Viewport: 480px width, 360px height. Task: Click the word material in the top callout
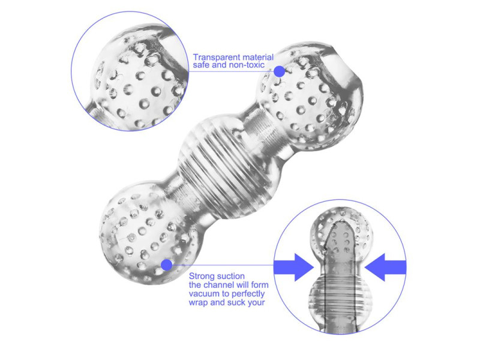pyautogui.click(x=258, y=57)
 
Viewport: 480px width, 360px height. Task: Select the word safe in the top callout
pyautogui.click(x=201, y=65)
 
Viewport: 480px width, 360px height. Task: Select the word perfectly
pyautogui.click(x=248, y=294)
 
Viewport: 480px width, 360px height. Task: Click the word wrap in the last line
pyautogui.click(x=198, y=303)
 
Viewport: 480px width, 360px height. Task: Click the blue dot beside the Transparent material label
pyautogui.click(x=279, y=71)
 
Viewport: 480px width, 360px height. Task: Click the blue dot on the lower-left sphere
pyautogui.click(x=167, y=265)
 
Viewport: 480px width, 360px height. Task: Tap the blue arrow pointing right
pyautogui.click(x=294, y=267)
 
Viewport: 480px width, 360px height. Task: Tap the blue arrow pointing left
pyautogui.click(x=385, y=267)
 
